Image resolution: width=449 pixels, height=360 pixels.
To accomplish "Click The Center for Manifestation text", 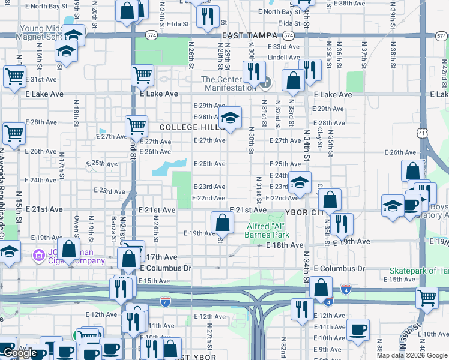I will coord(228,83).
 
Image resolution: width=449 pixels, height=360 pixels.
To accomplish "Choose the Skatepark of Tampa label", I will coord(419,271).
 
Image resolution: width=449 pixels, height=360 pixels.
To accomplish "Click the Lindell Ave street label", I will coord(283,57).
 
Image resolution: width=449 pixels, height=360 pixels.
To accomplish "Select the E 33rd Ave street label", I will coord(282,46).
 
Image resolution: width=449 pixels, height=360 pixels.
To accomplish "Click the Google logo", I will coord(20,353).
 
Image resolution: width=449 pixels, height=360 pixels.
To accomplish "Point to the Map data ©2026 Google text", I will coord(412,355).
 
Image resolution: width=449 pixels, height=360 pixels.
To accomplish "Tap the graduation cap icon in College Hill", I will coord(229,118).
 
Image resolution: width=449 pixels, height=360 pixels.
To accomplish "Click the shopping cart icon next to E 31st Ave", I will coord(13,76).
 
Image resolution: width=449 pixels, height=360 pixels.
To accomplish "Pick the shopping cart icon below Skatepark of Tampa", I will coord(427,297).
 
